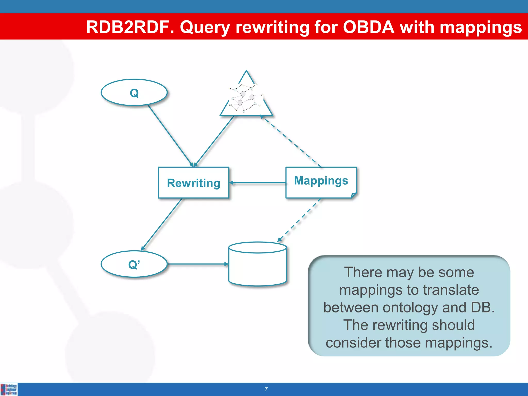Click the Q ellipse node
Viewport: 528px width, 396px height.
pyautogui.click(x=134, y=92)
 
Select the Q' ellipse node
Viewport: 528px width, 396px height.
pyautogui.click(x=134, y=264)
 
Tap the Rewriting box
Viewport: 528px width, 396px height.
pyautogui.click(x=193, y=183)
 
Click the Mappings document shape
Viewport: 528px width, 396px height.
pyautogui.click(x=321, y=182)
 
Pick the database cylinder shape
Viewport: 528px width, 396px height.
pyautogui.click(x=258, y=264)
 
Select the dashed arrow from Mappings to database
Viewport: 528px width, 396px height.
pyautogui.click(x=299, y=220)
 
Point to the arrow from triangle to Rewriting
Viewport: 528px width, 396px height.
pyautogui.click(x=214, y=141)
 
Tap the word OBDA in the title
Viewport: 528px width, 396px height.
pyautogui.click(x=368, y=27)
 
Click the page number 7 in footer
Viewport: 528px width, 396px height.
pyautogui.click(x=266, y=389)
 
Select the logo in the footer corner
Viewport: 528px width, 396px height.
pyautogui.click(x=9, y=389)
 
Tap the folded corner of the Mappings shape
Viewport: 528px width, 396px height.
pyautogui.click(x=354, y=195)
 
